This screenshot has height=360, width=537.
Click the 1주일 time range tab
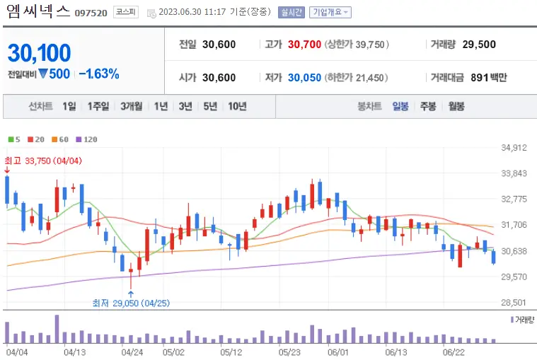98,107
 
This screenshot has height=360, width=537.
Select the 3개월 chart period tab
132,107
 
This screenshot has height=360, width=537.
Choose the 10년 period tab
237,107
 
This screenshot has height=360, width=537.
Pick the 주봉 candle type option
428,107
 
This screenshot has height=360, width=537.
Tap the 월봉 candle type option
456,107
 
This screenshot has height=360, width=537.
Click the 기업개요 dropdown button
330,12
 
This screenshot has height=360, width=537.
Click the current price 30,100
40,52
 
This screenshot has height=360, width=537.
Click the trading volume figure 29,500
479,45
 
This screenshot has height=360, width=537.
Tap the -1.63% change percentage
98,74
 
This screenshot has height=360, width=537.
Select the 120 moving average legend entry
86,140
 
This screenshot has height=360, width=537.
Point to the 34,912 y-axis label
514,148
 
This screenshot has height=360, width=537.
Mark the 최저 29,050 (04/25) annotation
132,303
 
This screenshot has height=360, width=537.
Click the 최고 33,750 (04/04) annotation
43,161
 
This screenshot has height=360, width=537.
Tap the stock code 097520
91,13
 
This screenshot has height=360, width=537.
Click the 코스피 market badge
127,12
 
